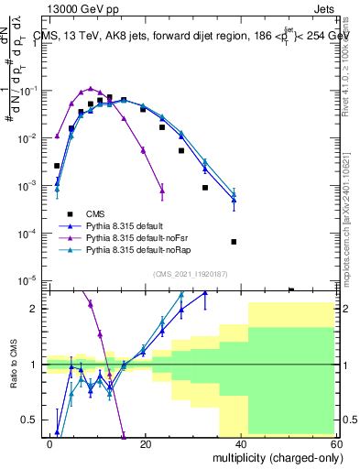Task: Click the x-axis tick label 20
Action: pos(146,443)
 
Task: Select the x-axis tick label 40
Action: pos(241,443)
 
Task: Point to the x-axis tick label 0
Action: pos(51,443)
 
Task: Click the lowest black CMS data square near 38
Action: pos(234,242)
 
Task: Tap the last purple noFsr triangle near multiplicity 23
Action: pos(162,190)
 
